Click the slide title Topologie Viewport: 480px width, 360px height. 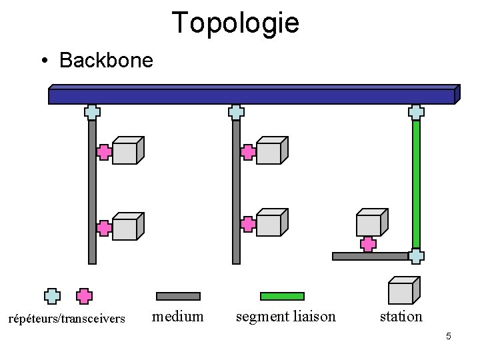click(x=235, y=22)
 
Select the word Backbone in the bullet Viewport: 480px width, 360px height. click(x=106, y=61)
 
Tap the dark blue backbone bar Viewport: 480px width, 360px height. click(x=252, y=96)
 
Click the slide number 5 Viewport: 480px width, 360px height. click(x=449, y=336)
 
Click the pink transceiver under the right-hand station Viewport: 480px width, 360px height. click(x=367, y=244)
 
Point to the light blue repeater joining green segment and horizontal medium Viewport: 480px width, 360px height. click(x=417, y=256)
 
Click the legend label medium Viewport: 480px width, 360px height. click(x=178, y=316)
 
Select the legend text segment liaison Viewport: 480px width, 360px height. click(x=286, y=316)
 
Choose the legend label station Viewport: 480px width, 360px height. click(x=401, y=316)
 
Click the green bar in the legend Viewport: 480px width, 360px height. click(x=281, y=296)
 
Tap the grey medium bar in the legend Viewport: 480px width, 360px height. click(x=178, y=296)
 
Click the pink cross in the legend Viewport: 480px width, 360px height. click(x=84, y=296)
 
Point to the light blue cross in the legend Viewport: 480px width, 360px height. click(x=52, y=296)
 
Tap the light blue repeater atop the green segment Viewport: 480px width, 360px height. click(x=417, y=112)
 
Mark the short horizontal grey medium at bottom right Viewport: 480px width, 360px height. click(x=370, y=256)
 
